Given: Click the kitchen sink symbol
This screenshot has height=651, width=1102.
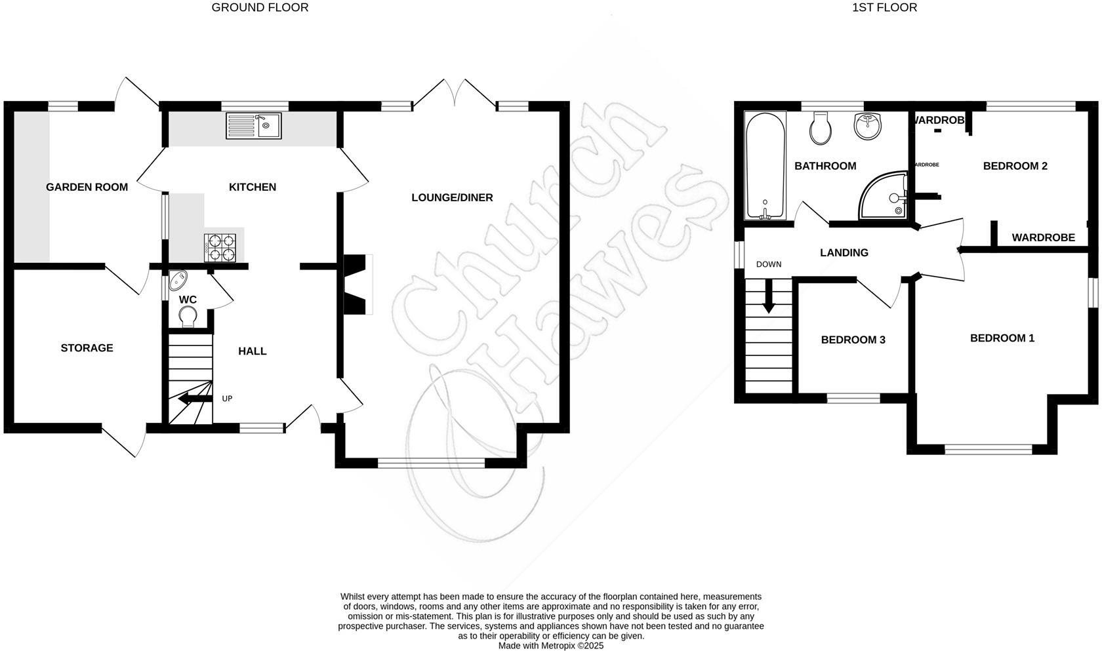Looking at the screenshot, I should click(x=253, y=125).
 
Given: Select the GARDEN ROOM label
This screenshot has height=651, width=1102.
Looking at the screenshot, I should click(x=87, y=187).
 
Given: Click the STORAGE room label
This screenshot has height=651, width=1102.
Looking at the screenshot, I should click(x=87, y=348).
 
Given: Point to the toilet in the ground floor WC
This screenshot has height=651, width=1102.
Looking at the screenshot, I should click(x=188, y=317).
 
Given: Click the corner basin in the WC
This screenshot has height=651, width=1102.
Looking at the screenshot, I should click(x=177, y=281).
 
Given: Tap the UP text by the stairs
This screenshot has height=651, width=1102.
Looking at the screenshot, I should click(x=227, y=399).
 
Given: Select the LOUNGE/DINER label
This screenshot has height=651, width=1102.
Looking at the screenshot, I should click(x=452, y=198).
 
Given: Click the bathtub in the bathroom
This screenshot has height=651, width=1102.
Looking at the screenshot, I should click(x=765, y=166).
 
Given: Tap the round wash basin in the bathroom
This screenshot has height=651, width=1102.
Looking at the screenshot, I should click(x=868, y=125).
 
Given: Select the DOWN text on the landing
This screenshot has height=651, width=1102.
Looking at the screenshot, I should click(x=769, y=265).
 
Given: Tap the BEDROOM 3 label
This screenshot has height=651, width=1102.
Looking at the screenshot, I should click(x=853, y=340).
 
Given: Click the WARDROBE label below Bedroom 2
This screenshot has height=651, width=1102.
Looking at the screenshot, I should click(x=1043, y=238).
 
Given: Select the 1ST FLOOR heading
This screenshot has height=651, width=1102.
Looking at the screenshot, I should click(x=884, y=8).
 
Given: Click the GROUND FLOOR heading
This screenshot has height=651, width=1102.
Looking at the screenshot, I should click(x=260, y=8).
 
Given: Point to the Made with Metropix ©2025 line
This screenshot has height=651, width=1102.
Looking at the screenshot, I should click(x=550, y=646).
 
